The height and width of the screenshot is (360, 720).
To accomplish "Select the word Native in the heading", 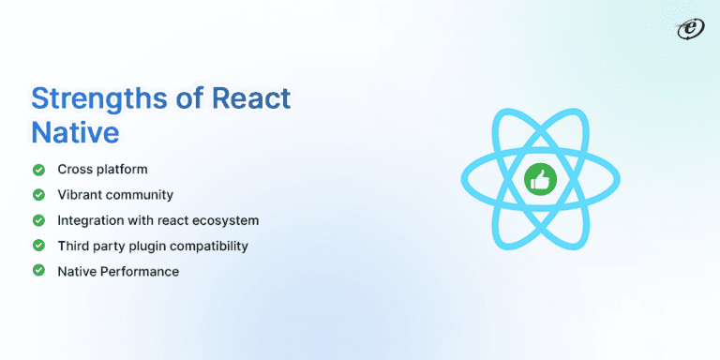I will pyautogui.click(x=75, y=131).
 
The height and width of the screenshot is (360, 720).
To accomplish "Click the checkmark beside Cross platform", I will pyautogui.click(x=38, y=170).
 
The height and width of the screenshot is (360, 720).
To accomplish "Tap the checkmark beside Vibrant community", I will pyautogui.click(x=38, y=195).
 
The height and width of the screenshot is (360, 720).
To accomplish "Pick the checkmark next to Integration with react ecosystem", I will pyautogui.click(x=38, y=220).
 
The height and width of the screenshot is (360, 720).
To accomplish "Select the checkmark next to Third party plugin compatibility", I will pyautogui.click(x=38, y=246).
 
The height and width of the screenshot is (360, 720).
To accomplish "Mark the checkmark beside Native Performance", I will pyautogui.click(x=38, y=271).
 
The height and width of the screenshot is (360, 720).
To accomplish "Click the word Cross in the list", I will pyautogui.click(x=73, y=170).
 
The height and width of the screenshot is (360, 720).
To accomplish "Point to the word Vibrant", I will pyautogui.click(x=79, y=195).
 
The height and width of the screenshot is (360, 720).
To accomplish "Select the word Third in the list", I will pyautogui.click(x=72, y=246).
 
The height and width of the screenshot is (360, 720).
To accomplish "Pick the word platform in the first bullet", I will pyautogui.click(x=121, y=170).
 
